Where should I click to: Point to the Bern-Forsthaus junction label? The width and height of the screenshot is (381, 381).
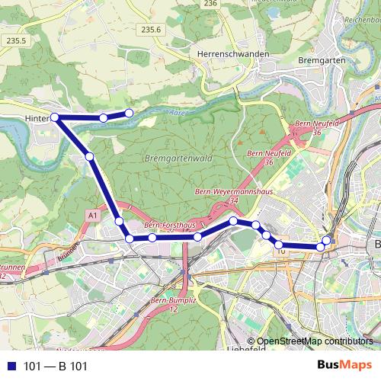point(169,226)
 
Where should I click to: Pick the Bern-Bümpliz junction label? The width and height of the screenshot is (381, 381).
point(170,304)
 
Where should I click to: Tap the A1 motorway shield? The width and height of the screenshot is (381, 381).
point(93,216)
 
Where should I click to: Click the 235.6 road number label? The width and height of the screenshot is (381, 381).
point(152,30)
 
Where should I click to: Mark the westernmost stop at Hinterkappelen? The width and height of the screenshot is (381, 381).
point(55,117)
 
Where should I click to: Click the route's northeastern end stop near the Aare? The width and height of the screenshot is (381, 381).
point(129,113)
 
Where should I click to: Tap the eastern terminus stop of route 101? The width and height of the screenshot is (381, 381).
point(327,241)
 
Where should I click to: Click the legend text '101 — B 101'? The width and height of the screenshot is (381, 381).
point(56,366)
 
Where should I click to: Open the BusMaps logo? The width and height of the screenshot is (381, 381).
point(345,365)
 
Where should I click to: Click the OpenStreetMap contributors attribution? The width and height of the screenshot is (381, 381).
point(315,341)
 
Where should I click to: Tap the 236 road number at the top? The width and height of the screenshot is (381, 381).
point(211,4)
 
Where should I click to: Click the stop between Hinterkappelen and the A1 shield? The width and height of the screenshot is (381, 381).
point(90,156)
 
